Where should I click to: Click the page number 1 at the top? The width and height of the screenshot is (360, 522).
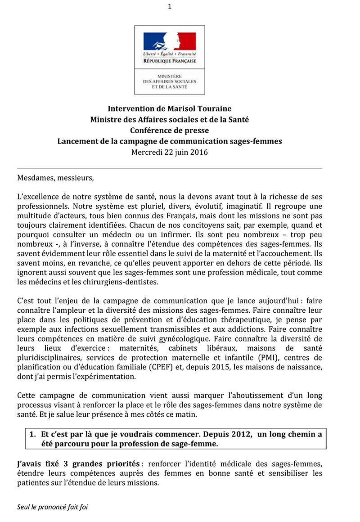coord(169,6)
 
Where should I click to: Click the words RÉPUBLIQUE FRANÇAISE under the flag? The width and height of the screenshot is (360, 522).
coord(170,61)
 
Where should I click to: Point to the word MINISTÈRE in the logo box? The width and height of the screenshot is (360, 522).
coord(169,77)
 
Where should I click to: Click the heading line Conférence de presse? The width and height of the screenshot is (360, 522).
coord(169,130)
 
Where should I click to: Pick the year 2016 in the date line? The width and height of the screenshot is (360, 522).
coord(198,152)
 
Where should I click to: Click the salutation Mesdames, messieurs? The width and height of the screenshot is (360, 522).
coord(55,177)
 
